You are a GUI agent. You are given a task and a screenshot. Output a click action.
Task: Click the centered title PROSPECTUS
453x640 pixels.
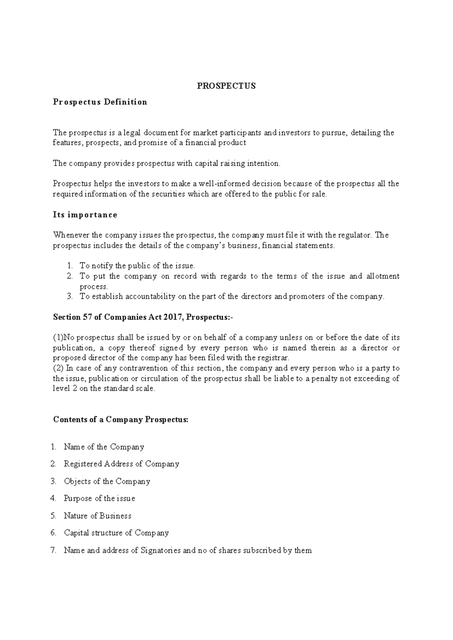(226, 86)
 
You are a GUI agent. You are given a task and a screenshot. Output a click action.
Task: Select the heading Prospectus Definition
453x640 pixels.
(100, 102)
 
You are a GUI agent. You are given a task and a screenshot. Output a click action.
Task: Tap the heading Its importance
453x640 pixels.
(85, 215)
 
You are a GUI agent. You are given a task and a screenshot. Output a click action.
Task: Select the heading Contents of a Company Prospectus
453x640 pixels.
(120, 420)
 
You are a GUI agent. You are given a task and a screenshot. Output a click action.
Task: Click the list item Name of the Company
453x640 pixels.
(104, 447)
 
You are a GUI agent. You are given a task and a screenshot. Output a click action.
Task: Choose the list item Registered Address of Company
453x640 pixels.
(121, 464)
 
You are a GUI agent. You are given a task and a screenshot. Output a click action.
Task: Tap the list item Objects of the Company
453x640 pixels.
(107, 481)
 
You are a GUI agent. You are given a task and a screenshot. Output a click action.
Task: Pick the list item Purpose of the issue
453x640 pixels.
(99, 498)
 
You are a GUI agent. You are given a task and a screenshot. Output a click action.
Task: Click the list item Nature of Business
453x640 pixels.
(97, 515)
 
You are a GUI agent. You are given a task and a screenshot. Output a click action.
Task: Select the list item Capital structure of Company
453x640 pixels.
(116, 533)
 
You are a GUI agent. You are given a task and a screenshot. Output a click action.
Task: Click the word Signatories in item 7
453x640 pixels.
(160, 550)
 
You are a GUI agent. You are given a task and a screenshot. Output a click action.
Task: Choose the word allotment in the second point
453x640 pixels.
(383, 276)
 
